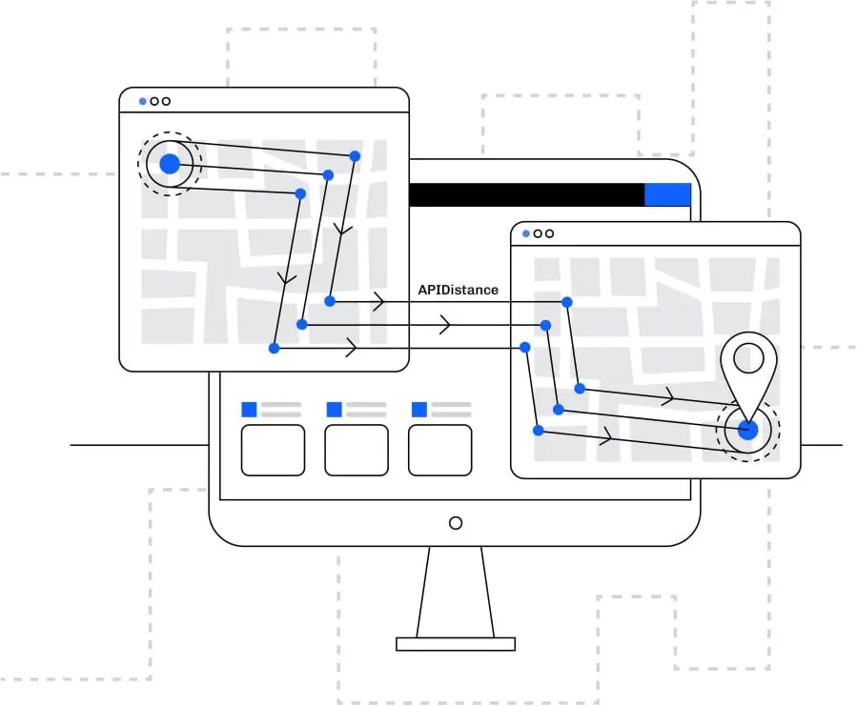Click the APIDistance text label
(x=458, y=290)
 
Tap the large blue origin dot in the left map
(x=170, y=164)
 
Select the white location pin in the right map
(x=748, y=366)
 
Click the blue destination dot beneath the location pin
(x=748, y=430)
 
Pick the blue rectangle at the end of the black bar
(x=667, y=194)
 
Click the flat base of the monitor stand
(x=456, y=644)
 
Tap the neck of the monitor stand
(x=456, y=591)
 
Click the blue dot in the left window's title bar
(x=143, y=101)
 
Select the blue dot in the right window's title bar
(x=526, y=233)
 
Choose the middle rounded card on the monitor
(x=357, y=450)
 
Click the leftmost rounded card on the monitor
(x=273, y=450)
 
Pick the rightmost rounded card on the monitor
(x=439, y=450)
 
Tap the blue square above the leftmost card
(x=249, y=410)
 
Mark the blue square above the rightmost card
(x=418, y=410)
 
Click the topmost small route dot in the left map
(x=355, y=155)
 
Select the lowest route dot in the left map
(x=274, y=349)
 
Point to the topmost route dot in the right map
(x=566, y=302)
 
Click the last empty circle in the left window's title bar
(x=166, y=101)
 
